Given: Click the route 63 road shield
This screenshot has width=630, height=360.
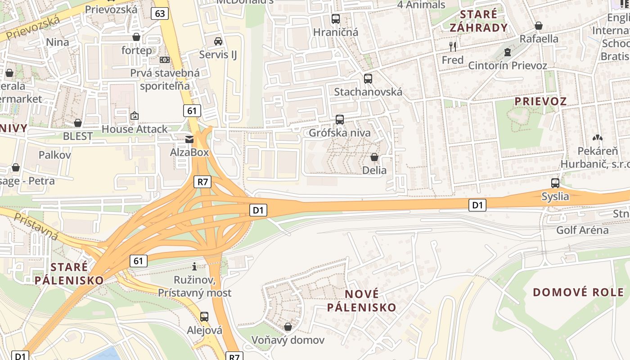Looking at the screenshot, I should click(160, 13).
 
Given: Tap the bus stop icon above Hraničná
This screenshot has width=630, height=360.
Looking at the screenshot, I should click(336, 19).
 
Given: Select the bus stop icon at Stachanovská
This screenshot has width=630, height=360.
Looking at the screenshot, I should click(368, 79).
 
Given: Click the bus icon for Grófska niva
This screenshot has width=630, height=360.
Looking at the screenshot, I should click(340, 120).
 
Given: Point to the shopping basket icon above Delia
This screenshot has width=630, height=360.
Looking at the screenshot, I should click(374, 157).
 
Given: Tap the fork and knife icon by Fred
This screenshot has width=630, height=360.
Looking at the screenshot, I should click(453, 46).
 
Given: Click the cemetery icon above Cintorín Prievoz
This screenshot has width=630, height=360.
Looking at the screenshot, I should click(508, 52).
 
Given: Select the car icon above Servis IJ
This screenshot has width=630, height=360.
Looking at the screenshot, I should click(218, 41).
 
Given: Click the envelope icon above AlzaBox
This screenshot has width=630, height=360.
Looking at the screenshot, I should click(189, 139).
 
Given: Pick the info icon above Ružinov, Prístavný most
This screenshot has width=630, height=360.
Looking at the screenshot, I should click(194, 266).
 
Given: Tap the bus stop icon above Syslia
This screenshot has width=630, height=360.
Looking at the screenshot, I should click(555, 183).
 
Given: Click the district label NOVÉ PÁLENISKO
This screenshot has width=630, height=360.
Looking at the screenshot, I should click(361, 301).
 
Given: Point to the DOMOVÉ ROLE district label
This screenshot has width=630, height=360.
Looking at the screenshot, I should click(579, 292).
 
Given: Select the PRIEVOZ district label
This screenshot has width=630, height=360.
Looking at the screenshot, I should click(540, 101).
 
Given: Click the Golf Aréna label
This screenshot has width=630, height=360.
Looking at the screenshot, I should click(582, 230).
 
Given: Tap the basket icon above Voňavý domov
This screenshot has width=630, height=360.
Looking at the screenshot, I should click(288, 327).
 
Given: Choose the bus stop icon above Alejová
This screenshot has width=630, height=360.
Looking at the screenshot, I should click(204, 317).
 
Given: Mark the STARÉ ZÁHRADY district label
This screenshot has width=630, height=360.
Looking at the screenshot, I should click(479, 21).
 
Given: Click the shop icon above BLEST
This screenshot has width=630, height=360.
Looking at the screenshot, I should click(78, 123).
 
